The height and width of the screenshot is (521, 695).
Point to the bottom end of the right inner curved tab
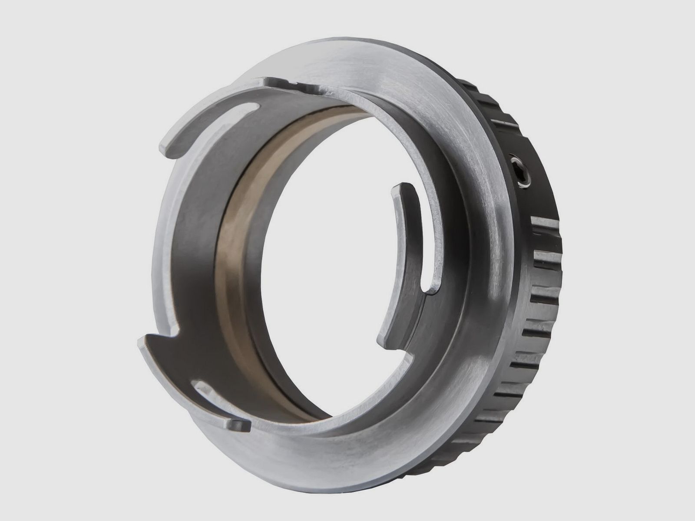(382, 341)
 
